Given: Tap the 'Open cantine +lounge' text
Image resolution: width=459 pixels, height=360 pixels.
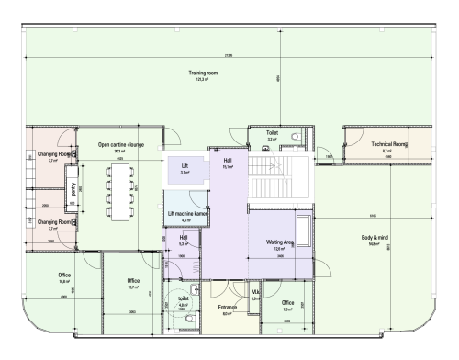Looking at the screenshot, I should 122,145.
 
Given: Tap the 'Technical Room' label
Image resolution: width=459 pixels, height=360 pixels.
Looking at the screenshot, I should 389,144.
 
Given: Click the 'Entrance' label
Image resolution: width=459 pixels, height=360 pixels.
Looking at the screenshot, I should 229,309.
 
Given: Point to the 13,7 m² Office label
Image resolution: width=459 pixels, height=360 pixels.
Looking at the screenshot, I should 133,281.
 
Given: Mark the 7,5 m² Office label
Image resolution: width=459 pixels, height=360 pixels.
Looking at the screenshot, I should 287,302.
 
